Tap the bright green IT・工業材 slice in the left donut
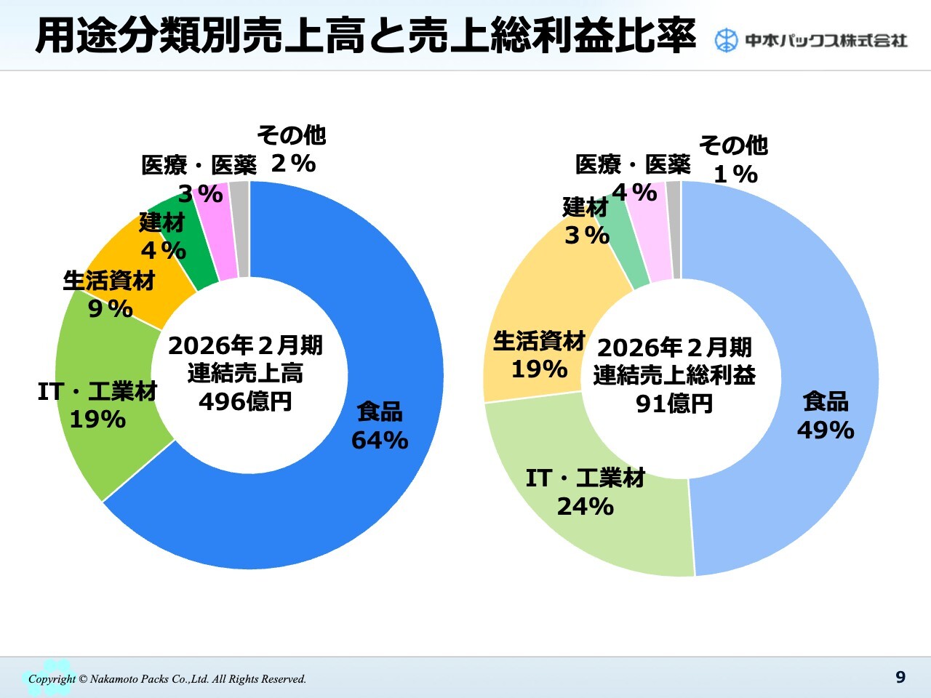pyautogui.click(x=109, y=451)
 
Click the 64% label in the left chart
pyautogui.click(x=380, y=441)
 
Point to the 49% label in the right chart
pyautogui.click(x=826, y=430)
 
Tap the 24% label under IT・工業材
pyautogui.click(x=586, y=506)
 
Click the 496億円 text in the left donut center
pyautogui.click(x=245, y=401)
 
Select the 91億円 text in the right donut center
pyautogui.click(x=674, y=404)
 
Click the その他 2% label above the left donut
pyautogui.click(x=292, y=149)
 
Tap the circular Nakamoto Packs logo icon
pyautogui.click(x=725, y=41)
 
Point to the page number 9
pyautogui.click(x=900, y=678)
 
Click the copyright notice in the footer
pyautogui.click(x=167, y=679)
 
